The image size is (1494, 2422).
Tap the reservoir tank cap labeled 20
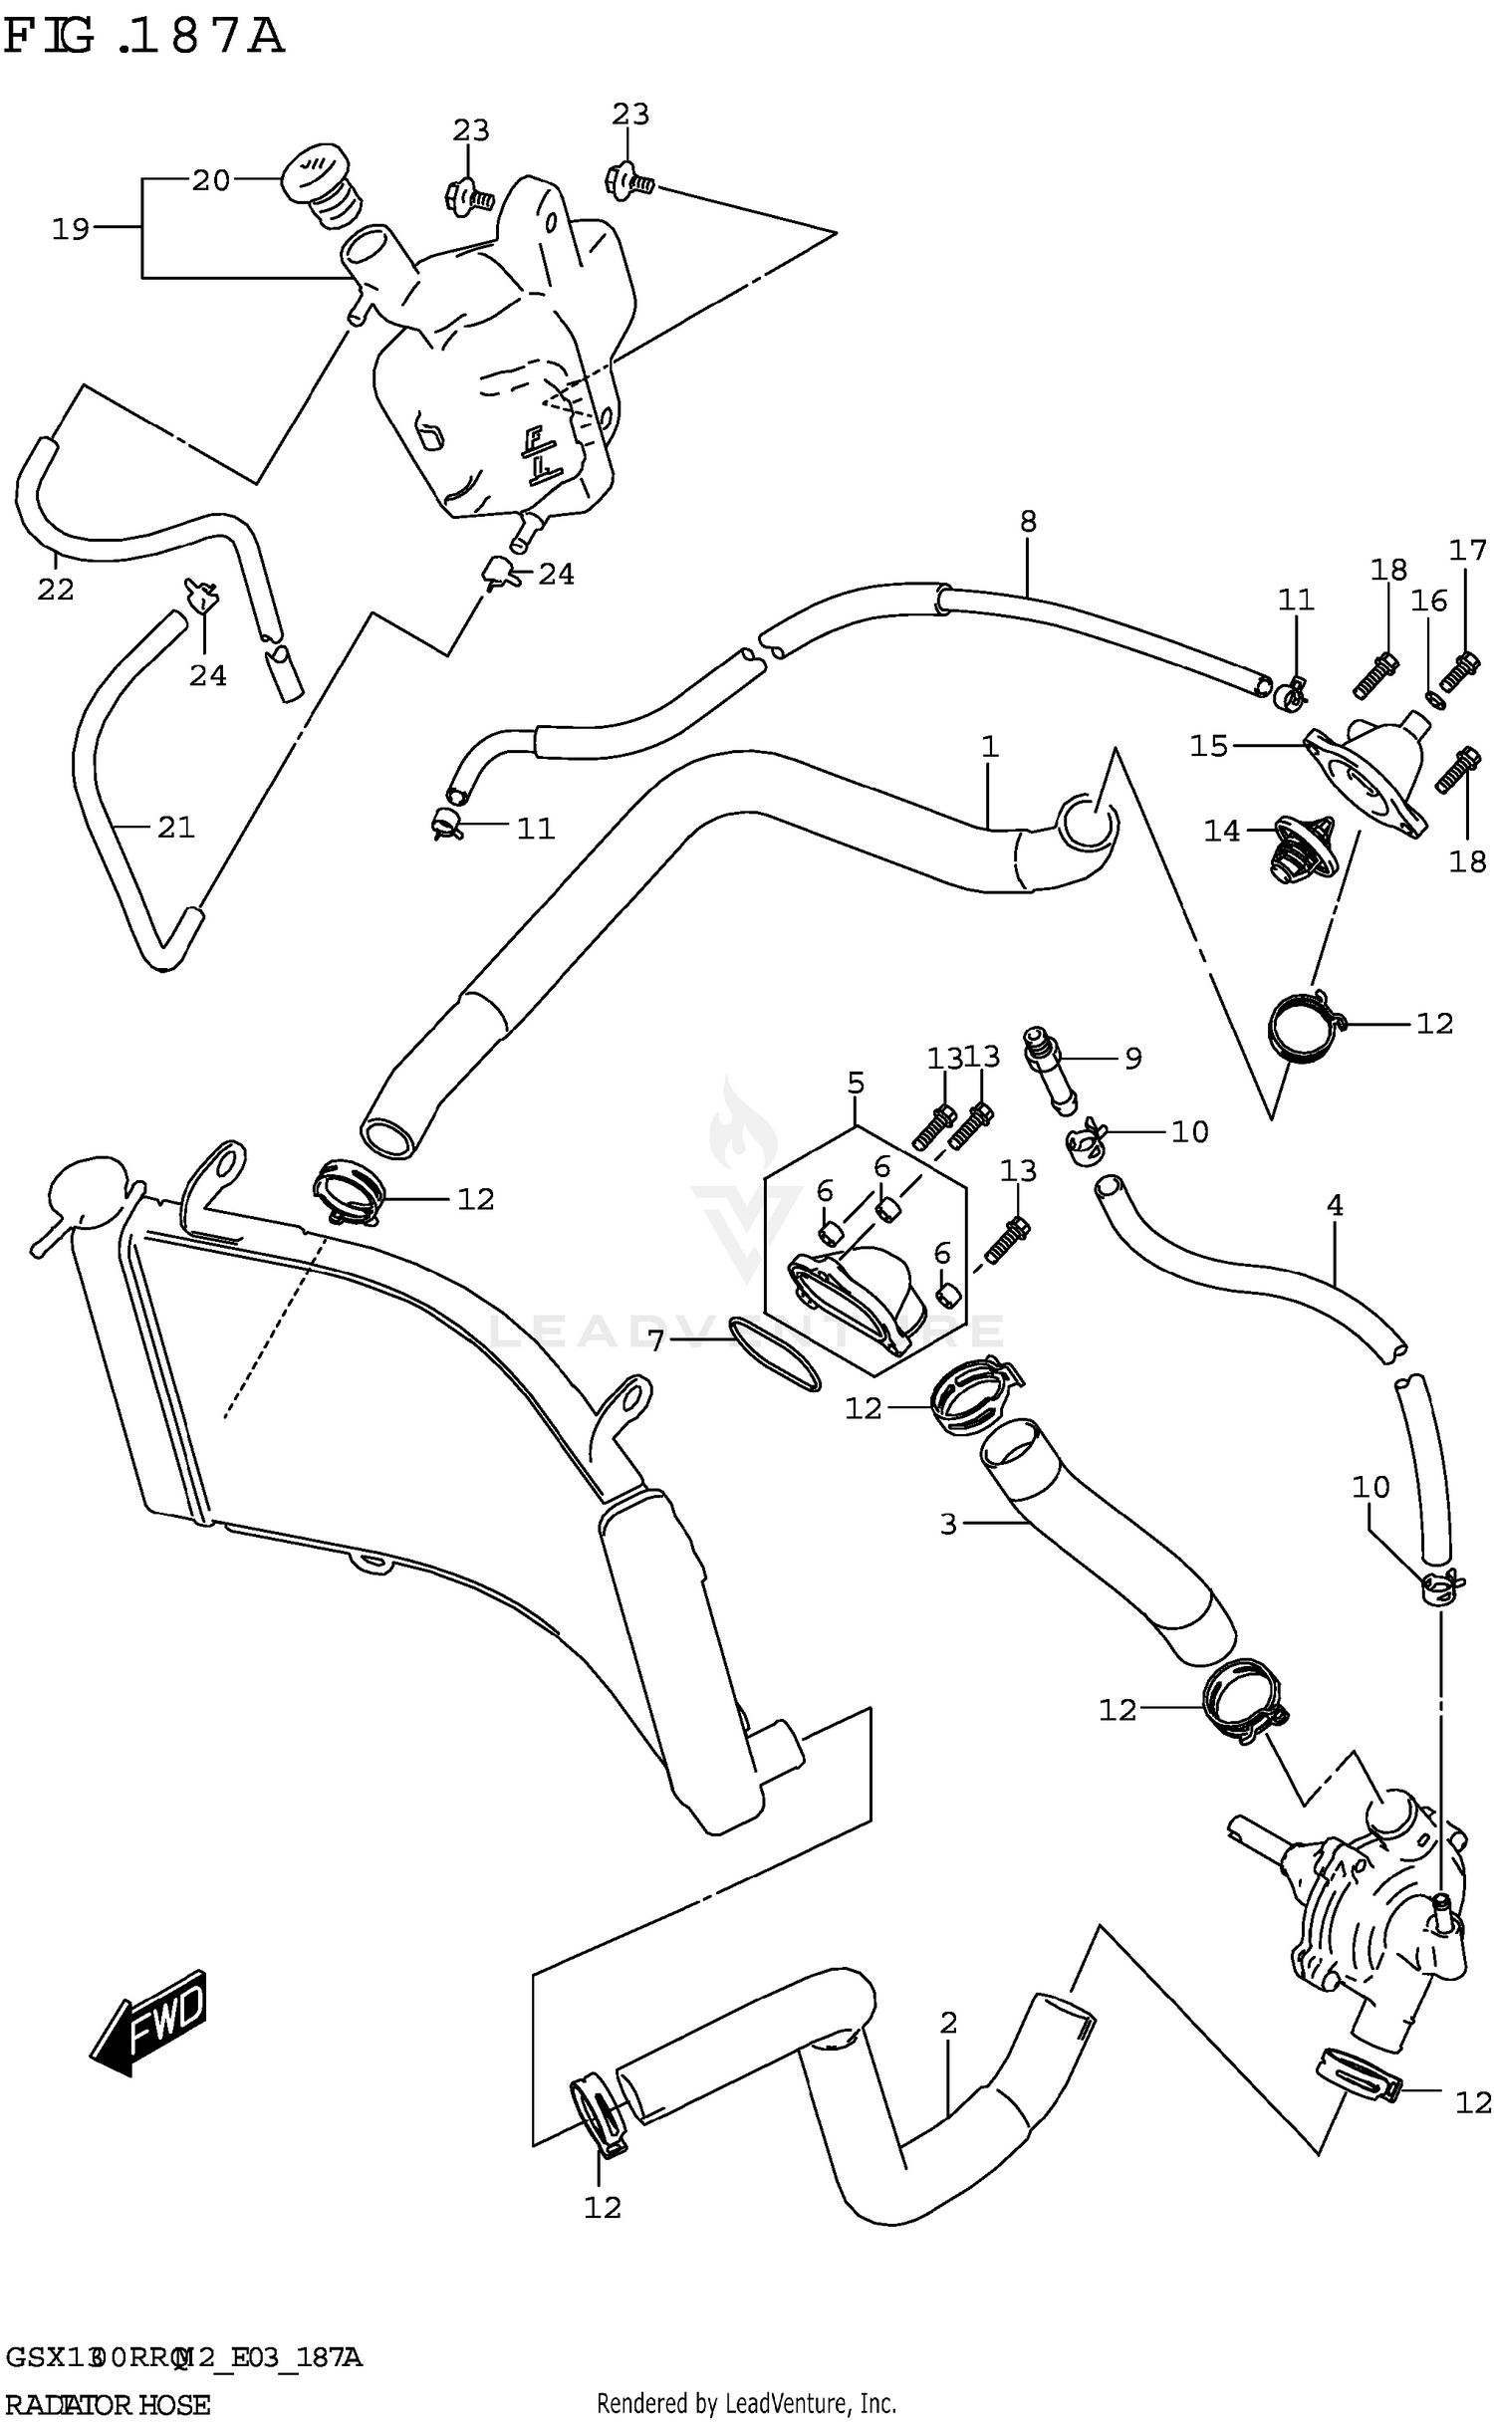315,177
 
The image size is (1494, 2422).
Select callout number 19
71,229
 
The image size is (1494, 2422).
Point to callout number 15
1209,745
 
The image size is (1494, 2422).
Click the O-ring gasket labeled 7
775,1352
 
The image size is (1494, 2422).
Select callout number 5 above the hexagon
856,1082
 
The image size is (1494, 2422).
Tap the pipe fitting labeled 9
1052,1076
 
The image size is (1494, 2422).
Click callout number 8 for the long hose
1028,521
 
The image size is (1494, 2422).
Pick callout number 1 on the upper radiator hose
989,746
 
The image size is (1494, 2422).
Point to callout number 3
947,1524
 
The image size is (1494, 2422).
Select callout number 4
1335,1206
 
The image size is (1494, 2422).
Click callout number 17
1466,550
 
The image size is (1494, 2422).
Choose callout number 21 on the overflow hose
175,827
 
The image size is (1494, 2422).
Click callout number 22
56,590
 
